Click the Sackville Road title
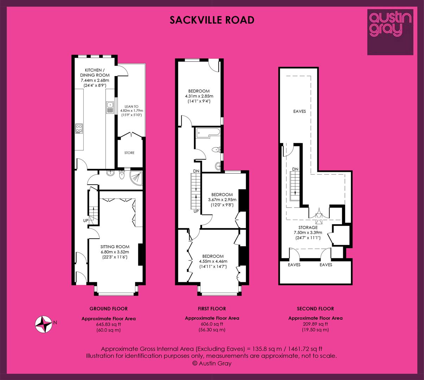pyautogui.click(x=212, y=20)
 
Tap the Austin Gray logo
pyautogui.click(x=390, y=32)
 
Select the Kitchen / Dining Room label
pyautogui.click(x=95, y=72)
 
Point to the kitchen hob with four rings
pyautogui.click(x=79, y=128)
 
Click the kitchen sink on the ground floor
pyautogui.click(x=110, y=108)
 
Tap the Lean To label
pyautogui.click(x=132, y=107)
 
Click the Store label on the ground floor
pyautogui.click(x=129, y=153)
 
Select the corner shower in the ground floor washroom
pyautogui.click(x=136, y=178)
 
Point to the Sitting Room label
pyautogui.click(x=115, y=247)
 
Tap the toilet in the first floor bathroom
pyautogui.click(x=216, y=150)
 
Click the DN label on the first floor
pyautogui.click(x=196, y=171)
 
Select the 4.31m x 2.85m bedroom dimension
pyautogui.click(x=199, y=96)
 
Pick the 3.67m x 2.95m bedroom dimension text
pyautogui.click(x=222, y=199)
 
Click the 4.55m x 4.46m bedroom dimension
pyautogui.click(x=213, y=261)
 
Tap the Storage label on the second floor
pyautogui.click(x=308, y=227)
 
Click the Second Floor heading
pyautogui.click(x=315, y=309)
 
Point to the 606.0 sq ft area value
pyautogui.click(x=212, y=324)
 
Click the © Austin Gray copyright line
pyautogui.click(x=212, y=363)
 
